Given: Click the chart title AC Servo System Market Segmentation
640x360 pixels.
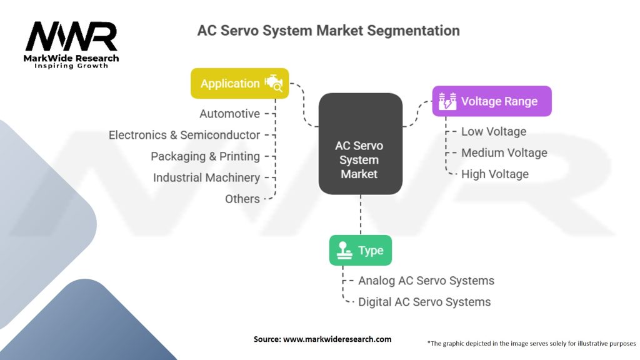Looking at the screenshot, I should (328, 30).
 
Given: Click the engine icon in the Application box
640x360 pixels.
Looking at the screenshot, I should (274, 83).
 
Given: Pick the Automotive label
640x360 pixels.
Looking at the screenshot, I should (229, 114).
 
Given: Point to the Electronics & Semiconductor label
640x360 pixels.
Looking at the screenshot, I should (184, 135).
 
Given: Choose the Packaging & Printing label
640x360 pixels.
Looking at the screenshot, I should (205, 156).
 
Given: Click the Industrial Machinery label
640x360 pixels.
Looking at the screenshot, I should (206, 177).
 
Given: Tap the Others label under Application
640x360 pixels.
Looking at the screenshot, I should (242, 199).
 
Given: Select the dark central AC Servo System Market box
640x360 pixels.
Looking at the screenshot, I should (360, 143).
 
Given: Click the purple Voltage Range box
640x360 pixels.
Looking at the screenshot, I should (492, 101).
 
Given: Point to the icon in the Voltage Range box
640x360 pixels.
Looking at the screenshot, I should (447, 101).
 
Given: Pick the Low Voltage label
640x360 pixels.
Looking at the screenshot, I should (493, 131).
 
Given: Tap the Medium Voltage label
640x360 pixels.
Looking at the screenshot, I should (504, 152).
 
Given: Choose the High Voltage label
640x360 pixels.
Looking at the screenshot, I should (494, 174).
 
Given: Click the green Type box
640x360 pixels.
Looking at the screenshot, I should (361, 251).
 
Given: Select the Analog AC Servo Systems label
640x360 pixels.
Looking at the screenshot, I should (426, 281).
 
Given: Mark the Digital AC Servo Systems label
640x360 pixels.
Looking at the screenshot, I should (424, 302).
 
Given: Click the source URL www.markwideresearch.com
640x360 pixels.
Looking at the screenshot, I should (337, 339).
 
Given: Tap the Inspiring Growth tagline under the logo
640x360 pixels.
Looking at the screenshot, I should (71, 66).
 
